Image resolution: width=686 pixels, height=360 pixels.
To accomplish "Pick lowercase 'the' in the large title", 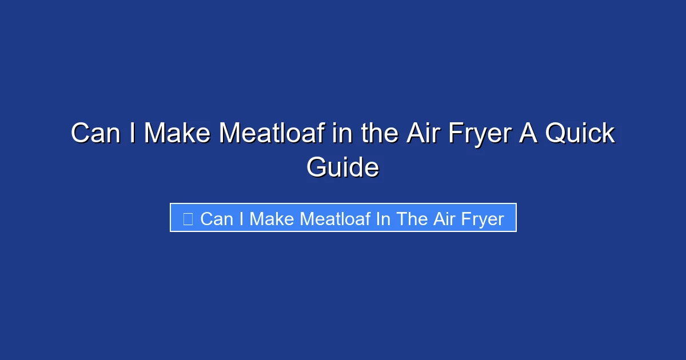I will tap(378, 134).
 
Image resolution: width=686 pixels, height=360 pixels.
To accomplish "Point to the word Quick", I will tap(580, 134).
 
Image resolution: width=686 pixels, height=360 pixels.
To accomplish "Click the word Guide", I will tap(342, 168).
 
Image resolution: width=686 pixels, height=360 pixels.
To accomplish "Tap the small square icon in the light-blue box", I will tap(188, 218).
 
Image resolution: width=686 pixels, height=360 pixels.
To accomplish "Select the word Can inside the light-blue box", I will tap(217, 219).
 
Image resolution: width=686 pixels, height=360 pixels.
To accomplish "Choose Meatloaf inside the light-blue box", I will tap(336, 219).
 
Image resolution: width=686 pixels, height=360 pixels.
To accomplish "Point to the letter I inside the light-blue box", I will tap(241, 219).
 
